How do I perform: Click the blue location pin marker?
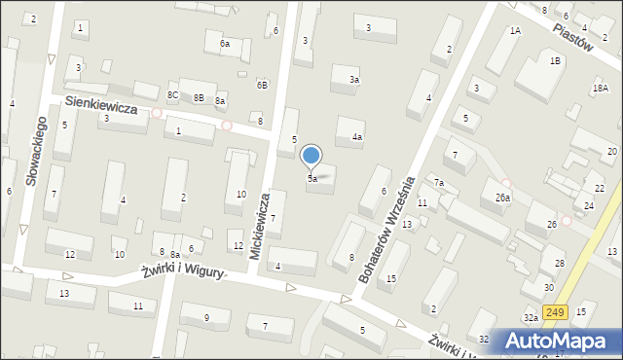tap(311, 156)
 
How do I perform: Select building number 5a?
tap(312, 179)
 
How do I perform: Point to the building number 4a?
tap(357, 137)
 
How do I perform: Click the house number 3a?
tap(354, 80)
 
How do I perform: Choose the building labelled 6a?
tap(224, 44)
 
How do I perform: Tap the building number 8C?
tap(172, 94)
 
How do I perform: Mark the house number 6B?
tap(262, 85)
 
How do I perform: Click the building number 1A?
tap(515, 30)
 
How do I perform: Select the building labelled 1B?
tap(555, 61)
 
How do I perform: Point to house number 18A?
tap(600, 89)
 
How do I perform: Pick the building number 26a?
tap(502, 198)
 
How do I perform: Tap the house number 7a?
tap(439, 183)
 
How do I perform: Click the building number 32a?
tap(531, 318)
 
